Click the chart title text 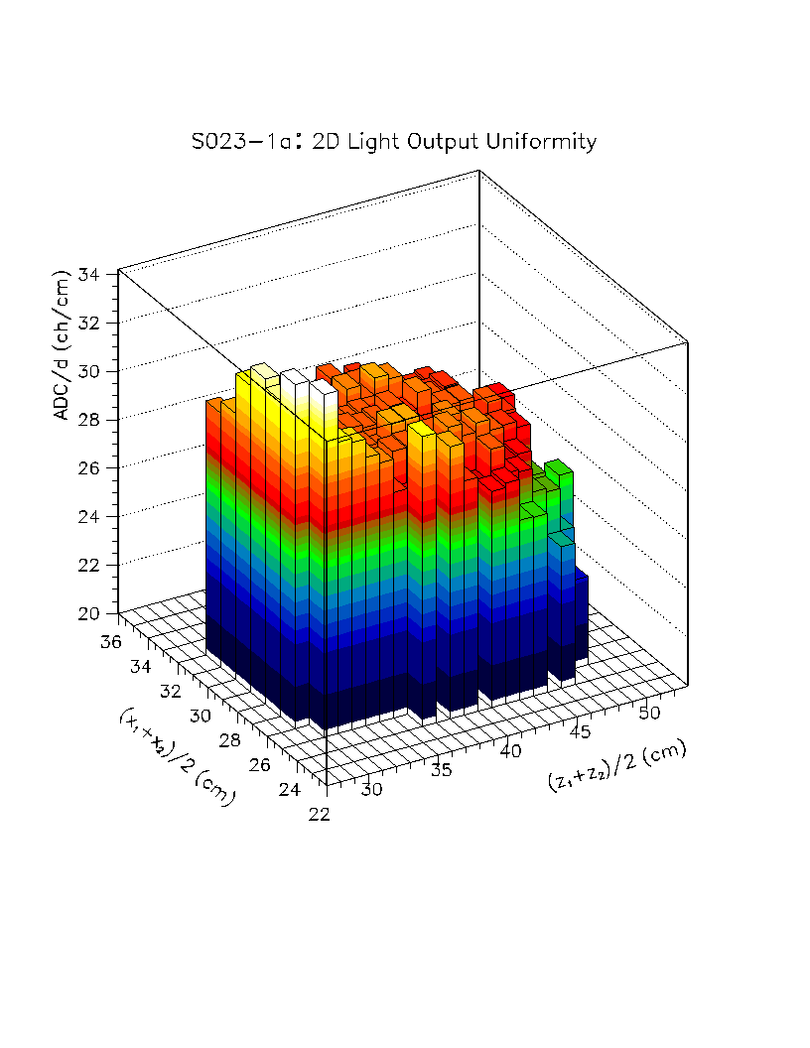pos(394,142)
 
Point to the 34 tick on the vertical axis pos(89,274)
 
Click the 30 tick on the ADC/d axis pos(89,371)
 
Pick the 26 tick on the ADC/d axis pos(89,468)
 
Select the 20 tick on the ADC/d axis pos(89,613)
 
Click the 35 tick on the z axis pos(443,770)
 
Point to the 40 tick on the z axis pos(510,752)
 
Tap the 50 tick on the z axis pos(649,714)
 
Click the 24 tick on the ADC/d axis pos(89,517)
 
